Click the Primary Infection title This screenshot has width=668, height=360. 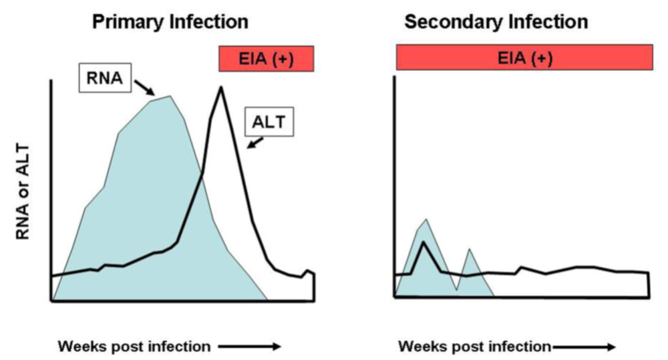pos(170,21)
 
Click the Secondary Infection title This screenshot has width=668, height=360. pos(496,21)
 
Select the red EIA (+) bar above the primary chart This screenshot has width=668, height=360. pos(266,59)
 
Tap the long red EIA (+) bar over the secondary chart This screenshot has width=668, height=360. pos(524,58)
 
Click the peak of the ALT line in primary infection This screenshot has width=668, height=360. pos(220,88)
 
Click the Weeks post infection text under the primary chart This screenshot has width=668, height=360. pos(134,347)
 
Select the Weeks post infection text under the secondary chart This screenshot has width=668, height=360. pos(475,347)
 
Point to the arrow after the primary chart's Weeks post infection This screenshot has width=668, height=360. pos(247,347)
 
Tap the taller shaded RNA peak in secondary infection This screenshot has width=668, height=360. pos(426,220)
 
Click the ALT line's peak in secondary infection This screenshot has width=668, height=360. pos(423,242)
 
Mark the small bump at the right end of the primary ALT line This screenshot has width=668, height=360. pos(308,271)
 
